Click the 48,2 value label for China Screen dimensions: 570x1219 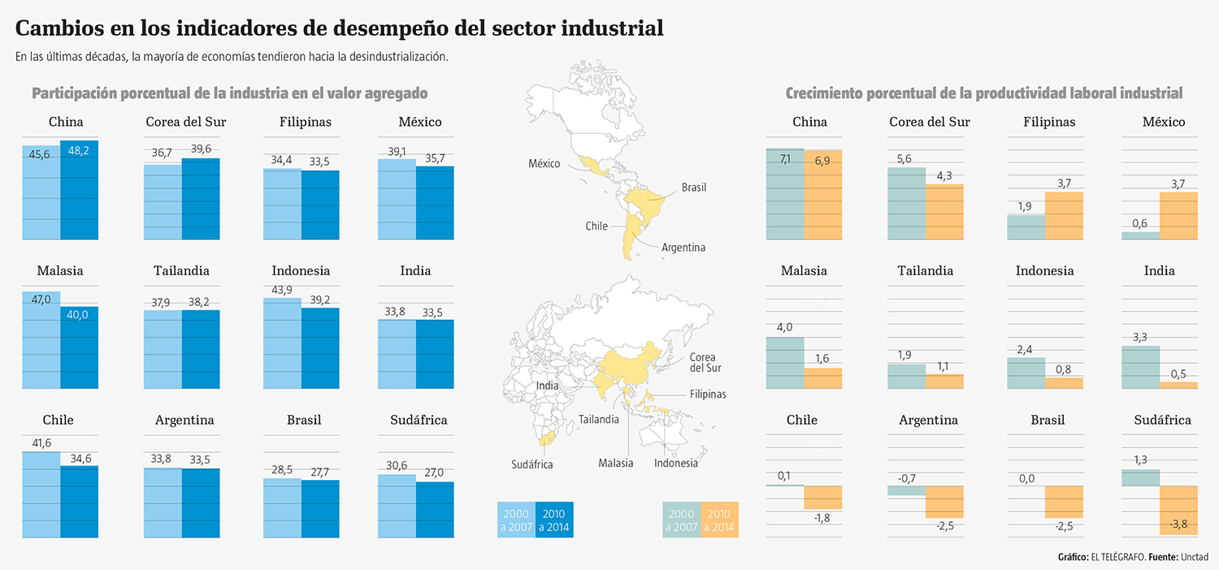point(79,151)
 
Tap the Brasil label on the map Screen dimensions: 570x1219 point(693,188)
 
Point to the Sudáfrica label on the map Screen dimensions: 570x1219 point(532,464)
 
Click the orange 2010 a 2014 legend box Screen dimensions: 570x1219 point(718,520)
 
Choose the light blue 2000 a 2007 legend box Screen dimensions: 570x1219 point(516,520)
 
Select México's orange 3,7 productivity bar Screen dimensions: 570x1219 point(1177,215)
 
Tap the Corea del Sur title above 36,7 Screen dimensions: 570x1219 point(185,123)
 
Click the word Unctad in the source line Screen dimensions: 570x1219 point(1193,557)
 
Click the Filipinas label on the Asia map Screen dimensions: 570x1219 point(707,395)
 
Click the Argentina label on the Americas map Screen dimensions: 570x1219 point(683,248)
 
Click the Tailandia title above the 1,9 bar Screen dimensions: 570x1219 point(925,271)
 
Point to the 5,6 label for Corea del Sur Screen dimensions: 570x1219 point(906,159)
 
